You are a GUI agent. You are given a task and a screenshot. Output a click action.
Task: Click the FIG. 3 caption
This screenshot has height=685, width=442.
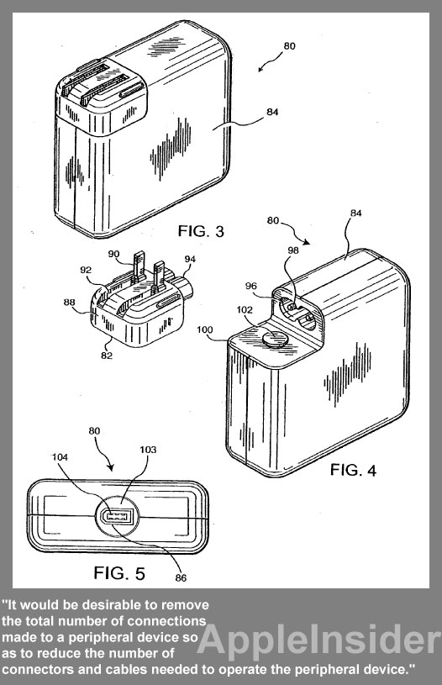click(x=201, y=230)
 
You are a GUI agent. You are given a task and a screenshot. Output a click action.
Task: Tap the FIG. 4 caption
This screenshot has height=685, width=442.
click(x=353, y=470)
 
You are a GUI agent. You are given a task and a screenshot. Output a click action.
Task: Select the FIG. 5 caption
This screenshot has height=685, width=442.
click(x=119, y=572)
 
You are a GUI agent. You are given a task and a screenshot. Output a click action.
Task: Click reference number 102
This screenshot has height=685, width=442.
click(x=245, y=310)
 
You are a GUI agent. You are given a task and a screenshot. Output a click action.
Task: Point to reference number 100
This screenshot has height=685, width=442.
click(x=204, y=329)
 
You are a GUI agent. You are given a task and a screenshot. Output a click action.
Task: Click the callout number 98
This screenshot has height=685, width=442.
click(x=293, y=250)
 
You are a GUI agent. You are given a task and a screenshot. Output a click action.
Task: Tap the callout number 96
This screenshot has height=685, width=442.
click(x=250, y=286)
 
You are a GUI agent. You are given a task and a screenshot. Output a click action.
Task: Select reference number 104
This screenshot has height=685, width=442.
click(x=60, y=457)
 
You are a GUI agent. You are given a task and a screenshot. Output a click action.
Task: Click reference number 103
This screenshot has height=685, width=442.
click(x=148, y=450)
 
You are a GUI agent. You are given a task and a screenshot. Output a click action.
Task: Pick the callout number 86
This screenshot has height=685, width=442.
click(x=181, y=578)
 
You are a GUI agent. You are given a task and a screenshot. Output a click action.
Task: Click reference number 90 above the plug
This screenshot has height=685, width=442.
click(x=113, y=255)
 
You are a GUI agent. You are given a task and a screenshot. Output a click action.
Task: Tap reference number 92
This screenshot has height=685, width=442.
click(x=86, y=270)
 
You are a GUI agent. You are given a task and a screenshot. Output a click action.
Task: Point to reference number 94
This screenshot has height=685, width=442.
click(x=190, y=259)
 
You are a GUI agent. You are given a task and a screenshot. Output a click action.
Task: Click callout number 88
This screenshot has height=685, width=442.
click(x=69, y=302)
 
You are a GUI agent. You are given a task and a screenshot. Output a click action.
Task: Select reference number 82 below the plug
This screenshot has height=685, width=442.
click(x=107, y=356)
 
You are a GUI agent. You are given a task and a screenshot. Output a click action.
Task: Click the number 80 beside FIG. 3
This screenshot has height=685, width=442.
click(x=289, y=46)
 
